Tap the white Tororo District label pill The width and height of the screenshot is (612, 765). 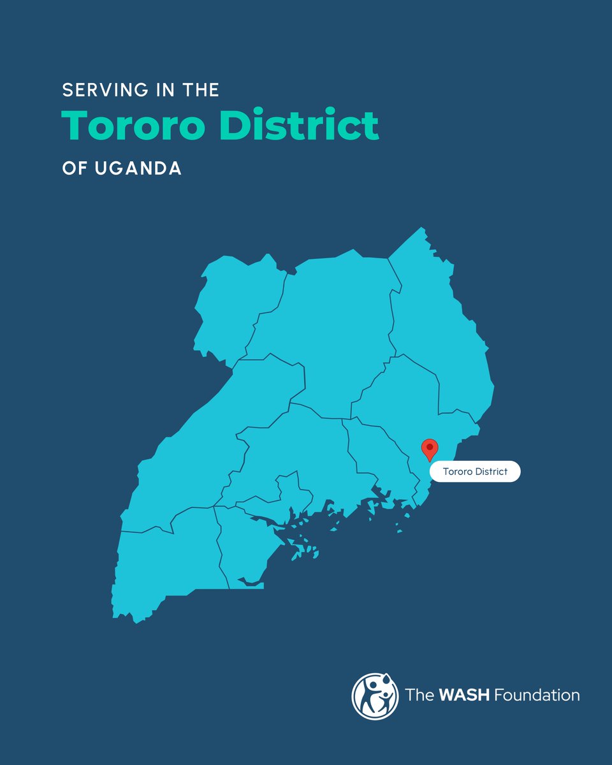point(474,472)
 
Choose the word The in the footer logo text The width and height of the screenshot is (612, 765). point(418,695)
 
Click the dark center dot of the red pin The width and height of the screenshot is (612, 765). point(430,445)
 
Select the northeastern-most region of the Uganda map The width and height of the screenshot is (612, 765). point(440,319)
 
